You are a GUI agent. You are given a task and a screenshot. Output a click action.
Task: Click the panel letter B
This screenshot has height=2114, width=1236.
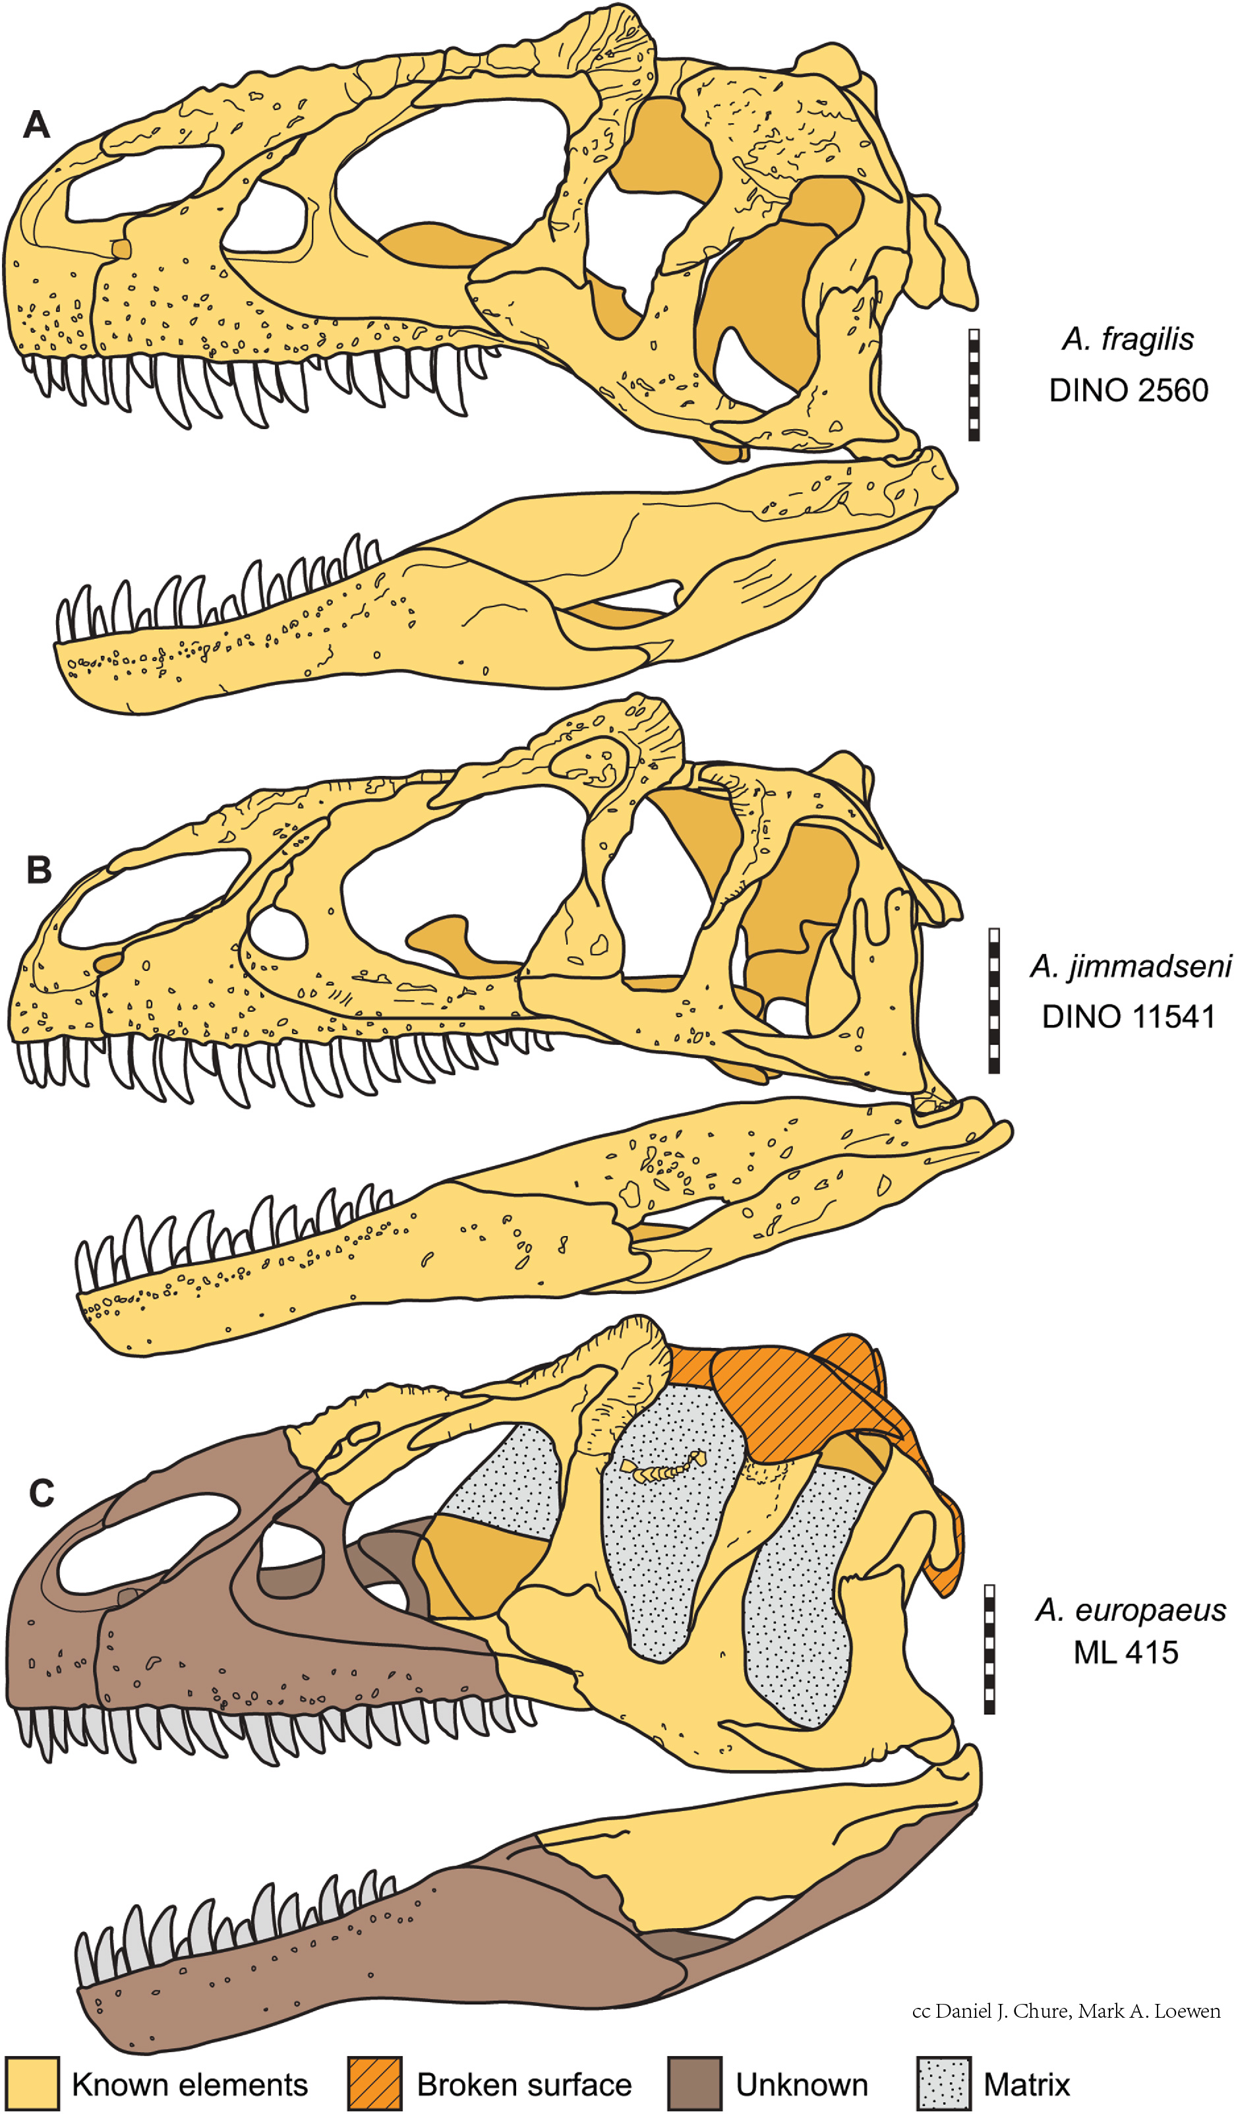(39, 870)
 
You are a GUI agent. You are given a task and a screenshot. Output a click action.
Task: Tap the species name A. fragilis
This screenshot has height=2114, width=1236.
(1127, 339)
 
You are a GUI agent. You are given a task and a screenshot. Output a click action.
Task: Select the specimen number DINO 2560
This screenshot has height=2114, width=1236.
(1128, 390)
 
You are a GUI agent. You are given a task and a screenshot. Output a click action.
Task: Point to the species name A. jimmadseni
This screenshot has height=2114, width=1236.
(1129, 966)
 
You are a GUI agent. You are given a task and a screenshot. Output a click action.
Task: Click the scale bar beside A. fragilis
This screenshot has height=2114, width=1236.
(974, 384)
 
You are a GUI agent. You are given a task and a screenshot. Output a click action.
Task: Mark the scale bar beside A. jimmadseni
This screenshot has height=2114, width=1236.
(993, 1000)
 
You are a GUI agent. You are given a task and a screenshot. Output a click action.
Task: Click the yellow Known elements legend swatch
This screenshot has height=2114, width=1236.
(31, 2083)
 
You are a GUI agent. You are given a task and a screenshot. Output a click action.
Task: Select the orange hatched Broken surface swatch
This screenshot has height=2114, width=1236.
(375, 2083)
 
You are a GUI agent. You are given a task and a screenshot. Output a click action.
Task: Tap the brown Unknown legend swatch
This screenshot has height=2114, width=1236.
(695, 2083)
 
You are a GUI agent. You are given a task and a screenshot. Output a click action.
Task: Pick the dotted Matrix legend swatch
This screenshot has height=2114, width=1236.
(944, 2083)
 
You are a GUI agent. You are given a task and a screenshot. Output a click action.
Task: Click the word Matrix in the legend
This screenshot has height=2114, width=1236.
(1026, 2084)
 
